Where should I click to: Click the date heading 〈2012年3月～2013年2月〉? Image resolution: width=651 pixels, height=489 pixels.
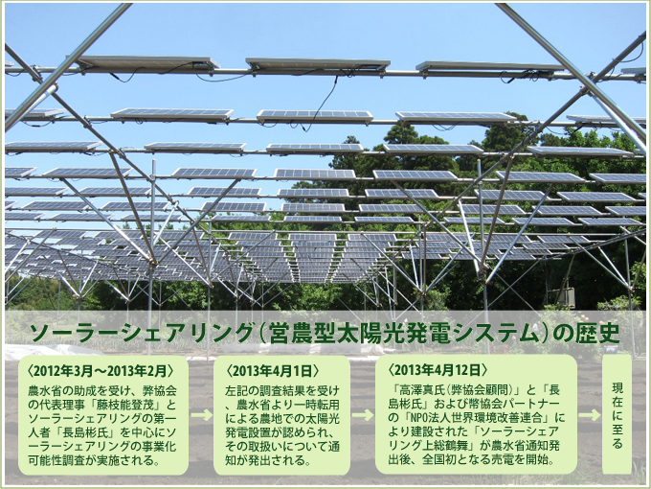point(101,370)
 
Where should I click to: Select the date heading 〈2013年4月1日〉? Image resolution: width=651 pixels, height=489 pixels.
point(273,370)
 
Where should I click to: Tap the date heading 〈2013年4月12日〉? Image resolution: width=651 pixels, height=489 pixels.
point(438,370)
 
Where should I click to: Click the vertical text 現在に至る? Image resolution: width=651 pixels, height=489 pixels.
point(617,415)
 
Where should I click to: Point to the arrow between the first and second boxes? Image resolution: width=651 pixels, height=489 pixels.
point(201,415)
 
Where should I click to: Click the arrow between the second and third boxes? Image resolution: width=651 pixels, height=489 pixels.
point(363,415)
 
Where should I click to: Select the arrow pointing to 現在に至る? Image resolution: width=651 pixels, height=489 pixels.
point(590,415)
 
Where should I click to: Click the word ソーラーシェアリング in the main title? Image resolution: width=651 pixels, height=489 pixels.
point(141,333)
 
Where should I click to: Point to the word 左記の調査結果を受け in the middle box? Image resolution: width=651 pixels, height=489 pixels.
point(282,391)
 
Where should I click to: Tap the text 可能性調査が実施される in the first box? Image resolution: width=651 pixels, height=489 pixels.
point(90,460)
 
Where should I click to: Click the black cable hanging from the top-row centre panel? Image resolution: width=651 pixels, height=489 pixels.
point(322,104)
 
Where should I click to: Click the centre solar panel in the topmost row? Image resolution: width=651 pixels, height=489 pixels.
point(318,64)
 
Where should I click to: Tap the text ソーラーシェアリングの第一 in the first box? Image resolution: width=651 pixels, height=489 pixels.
point(102,418)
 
